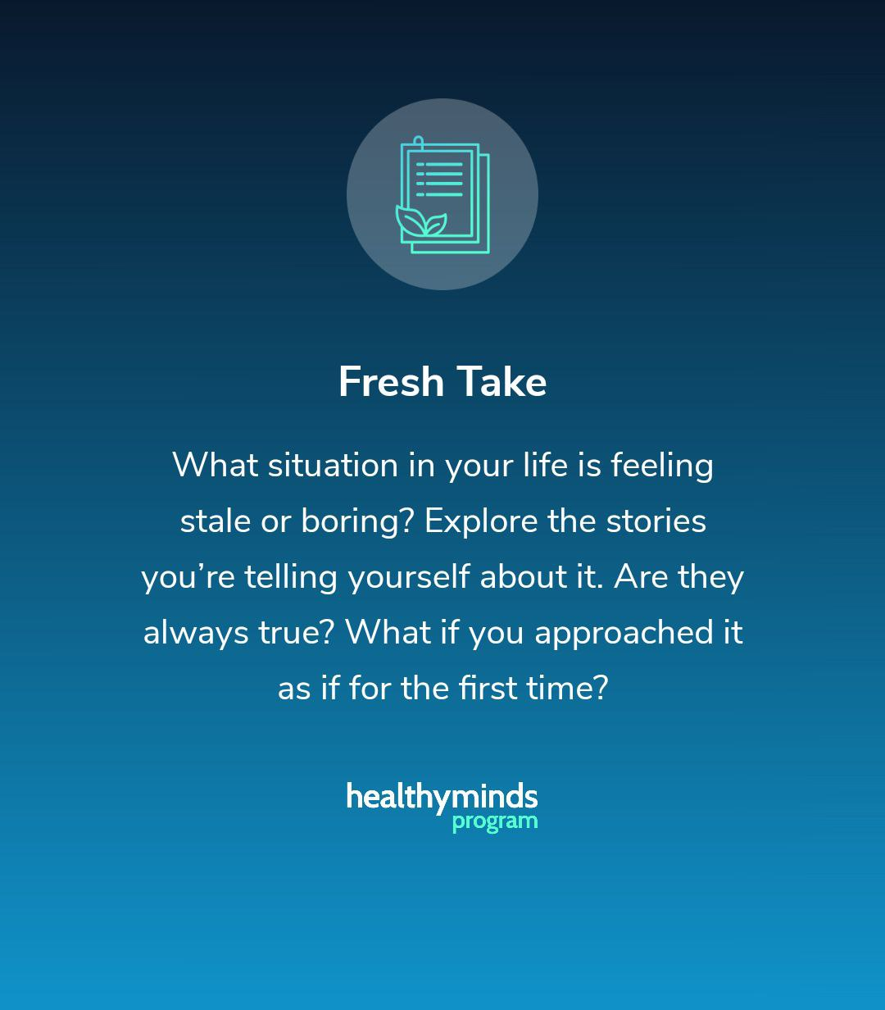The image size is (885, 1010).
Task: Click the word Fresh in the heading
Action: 391,381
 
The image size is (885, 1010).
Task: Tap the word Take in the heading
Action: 501,381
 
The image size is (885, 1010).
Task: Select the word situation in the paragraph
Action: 333,465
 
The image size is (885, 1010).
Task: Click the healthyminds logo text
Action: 442,797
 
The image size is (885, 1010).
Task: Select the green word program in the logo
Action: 495,821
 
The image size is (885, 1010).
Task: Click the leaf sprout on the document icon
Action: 421,222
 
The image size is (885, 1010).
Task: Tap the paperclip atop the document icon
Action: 418,143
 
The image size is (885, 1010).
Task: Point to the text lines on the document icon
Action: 439,179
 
